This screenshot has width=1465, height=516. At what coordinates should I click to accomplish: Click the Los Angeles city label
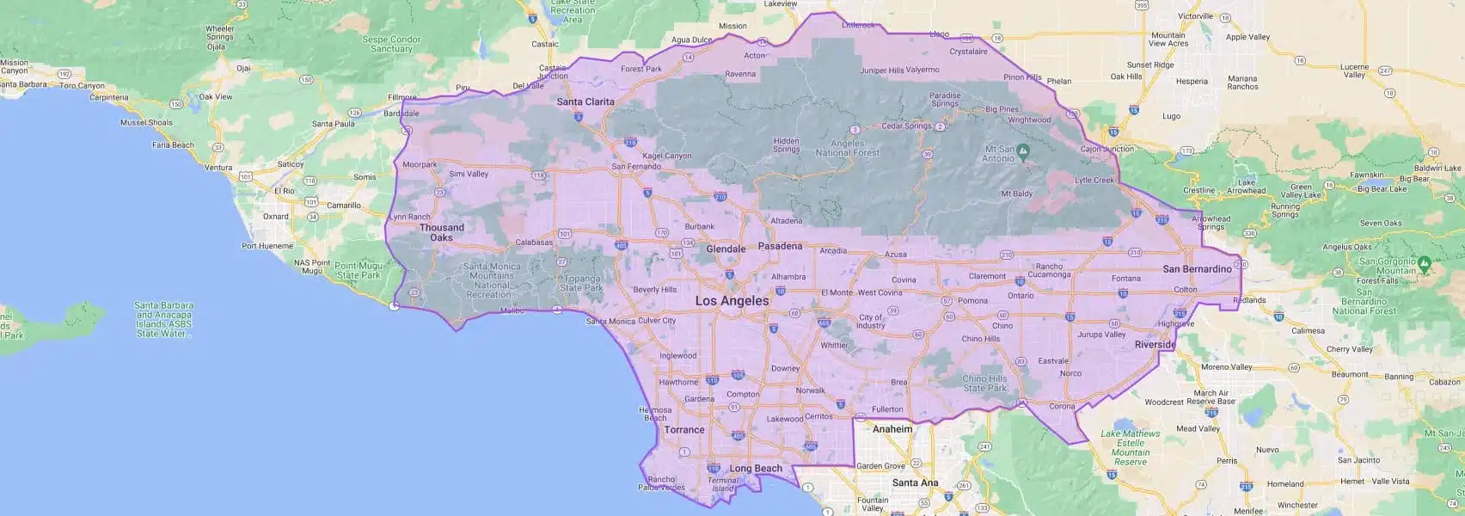tap(732, 301)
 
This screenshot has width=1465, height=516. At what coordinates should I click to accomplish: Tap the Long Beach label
tap(756, 469)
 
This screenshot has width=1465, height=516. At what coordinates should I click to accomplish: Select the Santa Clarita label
tap(585, 101)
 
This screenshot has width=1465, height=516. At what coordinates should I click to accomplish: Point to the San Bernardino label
tap(1197, 269)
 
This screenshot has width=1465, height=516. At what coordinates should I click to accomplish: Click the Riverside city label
tap(1154, 344)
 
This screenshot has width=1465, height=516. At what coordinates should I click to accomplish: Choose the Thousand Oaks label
tap(441, 232)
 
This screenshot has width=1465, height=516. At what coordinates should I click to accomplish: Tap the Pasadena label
tap(779, 246)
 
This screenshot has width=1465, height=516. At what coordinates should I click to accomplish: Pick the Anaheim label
tap(892, 428)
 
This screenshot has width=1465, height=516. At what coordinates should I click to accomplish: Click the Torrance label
tap(683, 429)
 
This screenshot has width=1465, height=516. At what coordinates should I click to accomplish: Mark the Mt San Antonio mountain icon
tap(1023, 151)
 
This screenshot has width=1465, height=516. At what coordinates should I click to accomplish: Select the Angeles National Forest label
tap(855, 148)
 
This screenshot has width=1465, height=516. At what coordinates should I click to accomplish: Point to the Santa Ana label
tap(915, 482)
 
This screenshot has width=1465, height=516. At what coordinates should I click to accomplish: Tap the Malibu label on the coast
tap(512, 310)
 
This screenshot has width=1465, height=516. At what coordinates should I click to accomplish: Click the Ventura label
tap(218, 168)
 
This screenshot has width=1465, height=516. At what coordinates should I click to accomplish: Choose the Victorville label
tap(1194, 15)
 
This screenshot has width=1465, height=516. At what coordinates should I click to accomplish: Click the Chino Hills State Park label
tap(984, 384)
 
